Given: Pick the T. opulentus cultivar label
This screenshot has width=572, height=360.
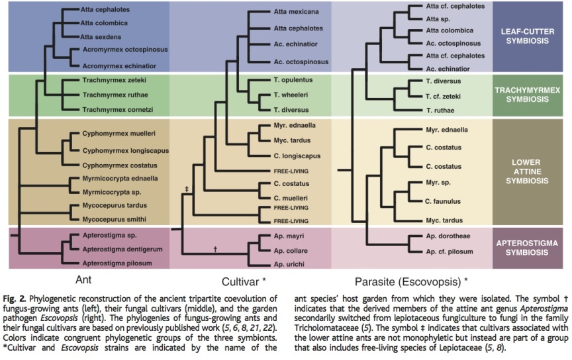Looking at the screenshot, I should click(293, 80).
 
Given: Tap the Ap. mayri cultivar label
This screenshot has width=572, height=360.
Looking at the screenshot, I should click(288, 236).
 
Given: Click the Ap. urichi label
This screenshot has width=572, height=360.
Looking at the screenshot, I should click(288, 263).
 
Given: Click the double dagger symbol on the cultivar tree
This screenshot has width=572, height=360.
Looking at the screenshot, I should click(187, 189).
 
